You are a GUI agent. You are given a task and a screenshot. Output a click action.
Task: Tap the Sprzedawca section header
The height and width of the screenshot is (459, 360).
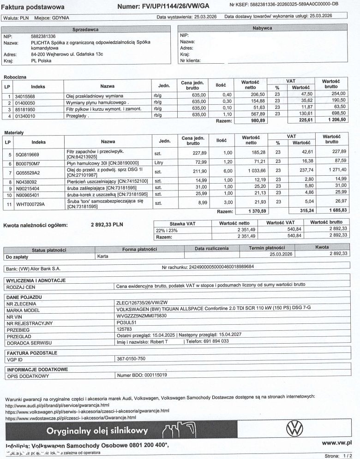pyautogui.click(x=86, y=29)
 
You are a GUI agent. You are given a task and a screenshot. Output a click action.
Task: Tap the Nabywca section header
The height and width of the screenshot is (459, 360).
pyautogui.click(x=262, y=28)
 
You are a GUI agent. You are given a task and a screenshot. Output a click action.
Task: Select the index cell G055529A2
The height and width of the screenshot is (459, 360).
pyautogui.click(x=28, y=173)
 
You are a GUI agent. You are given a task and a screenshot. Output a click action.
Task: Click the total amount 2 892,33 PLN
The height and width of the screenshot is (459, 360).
pyautogui.click(x=107, y=225)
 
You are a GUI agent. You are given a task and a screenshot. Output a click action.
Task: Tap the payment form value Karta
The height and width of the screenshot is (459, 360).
pyautogui.click(x=103, y=255)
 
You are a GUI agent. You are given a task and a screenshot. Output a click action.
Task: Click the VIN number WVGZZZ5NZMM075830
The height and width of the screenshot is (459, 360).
pyautogui.click(x=142, y=316)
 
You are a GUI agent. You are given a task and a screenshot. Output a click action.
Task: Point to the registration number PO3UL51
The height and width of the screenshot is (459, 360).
pyautogui.click(x=126, y=322)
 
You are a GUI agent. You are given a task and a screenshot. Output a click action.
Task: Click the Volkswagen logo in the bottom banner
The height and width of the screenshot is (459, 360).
pyautogui.click(x=294, y=429)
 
